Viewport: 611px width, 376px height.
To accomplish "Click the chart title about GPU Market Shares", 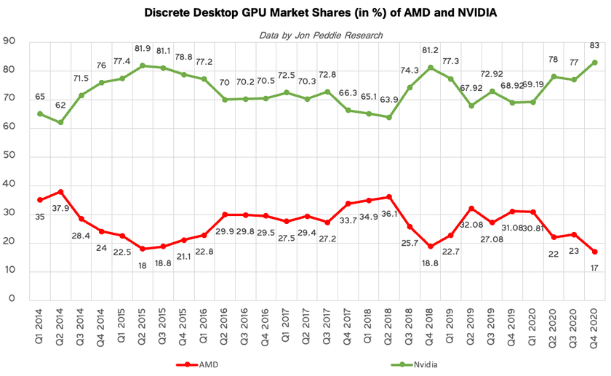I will point(305,13).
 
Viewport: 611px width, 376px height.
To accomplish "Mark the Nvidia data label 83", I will point(594,45).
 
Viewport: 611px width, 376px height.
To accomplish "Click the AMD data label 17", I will point(594,268).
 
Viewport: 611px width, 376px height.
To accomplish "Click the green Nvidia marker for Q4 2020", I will point(595,63).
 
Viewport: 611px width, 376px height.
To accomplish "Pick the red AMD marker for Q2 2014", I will point(60,192).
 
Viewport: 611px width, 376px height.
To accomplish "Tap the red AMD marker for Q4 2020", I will point(595,252).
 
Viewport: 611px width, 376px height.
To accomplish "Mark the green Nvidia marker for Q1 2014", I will point(39,113).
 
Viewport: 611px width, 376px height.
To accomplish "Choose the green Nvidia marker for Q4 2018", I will point(431,68).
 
